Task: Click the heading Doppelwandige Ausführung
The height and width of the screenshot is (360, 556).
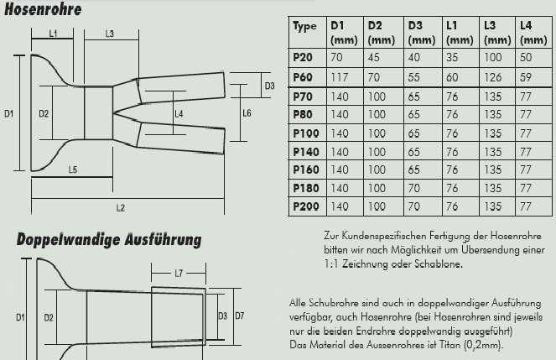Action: coord(109,240)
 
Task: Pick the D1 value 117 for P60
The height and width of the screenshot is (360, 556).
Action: coord(340,76)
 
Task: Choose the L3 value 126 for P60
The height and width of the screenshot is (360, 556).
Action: coord(493,76)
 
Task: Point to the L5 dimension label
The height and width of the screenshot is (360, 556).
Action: coord(73,170)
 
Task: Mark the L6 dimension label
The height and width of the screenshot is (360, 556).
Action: coord(247,112)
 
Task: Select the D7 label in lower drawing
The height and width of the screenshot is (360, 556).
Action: coord(239,316)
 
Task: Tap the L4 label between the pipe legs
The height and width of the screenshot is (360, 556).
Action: coord(178,113)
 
